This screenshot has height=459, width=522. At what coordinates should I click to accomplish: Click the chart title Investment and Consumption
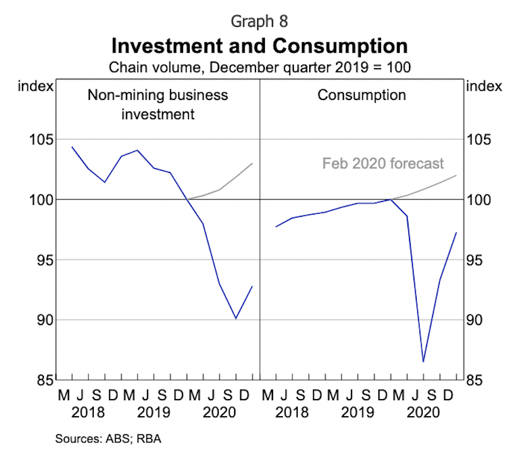pos(260,46)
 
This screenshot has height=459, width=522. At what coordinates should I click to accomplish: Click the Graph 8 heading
pos(259,21)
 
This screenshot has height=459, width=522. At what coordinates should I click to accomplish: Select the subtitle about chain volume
pos(260,68)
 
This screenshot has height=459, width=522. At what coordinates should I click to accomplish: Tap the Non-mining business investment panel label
pos(158,104)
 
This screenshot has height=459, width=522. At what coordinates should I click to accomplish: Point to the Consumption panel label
pos(362,94)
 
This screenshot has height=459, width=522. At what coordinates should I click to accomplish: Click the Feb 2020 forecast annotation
pos(383,164)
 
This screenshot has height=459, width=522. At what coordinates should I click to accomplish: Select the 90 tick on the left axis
pos(39,320)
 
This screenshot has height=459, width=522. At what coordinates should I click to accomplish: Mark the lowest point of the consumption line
pos(423,362)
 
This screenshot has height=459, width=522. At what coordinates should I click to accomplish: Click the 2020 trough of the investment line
pos(236,318)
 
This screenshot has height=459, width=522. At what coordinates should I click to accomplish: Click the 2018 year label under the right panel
pos(292,412)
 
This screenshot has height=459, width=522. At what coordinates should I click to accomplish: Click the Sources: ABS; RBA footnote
pos(109,439)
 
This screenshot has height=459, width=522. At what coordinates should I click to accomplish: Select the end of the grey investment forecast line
pos(252,163)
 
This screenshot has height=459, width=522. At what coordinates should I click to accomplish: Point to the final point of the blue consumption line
pos(457,232)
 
